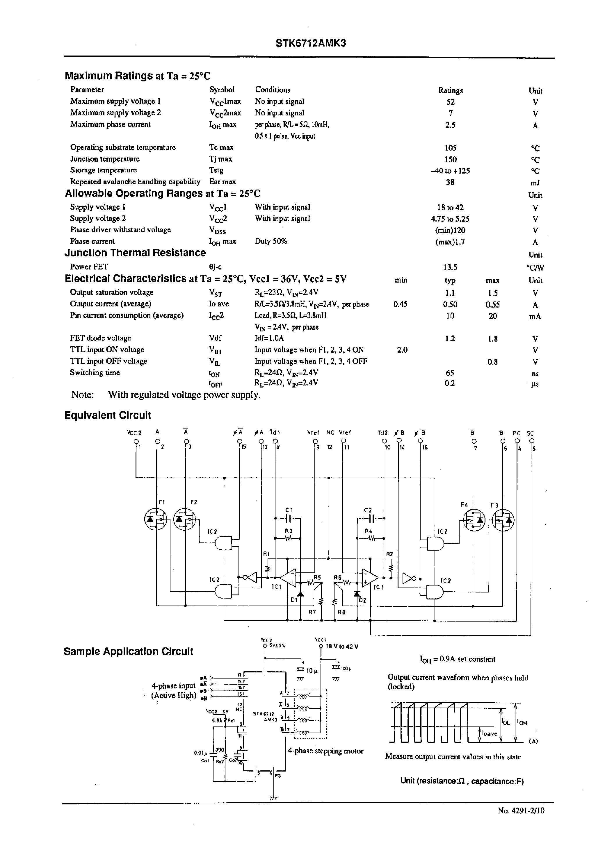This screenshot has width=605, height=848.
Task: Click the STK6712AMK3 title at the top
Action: (x=311, y=43)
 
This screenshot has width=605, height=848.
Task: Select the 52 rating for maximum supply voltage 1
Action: (x=450, y=102)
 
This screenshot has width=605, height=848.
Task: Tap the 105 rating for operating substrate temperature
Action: (x=450, y=148)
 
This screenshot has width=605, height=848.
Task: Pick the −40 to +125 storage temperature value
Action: (x=450, y=171)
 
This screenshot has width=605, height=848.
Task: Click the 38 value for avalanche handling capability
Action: (x=450, y=182)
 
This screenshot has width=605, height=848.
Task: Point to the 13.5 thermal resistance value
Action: (x=450, y=267)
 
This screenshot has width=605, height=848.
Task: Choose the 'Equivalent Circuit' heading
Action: (x=108, y=415)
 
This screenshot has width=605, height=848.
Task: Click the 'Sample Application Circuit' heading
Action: (x=129, y=651)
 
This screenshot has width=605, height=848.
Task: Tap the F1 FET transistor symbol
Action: (x=155, y=520)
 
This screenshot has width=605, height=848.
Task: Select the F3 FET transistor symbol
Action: (x=503, y=520)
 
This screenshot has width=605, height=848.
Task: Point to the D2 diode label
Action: (x=362, y=600)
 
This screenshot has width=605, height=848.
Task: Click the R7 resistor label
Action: (x=312, y=612)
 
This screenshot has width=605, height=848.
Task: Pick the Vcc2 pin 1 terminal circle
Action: (x=136, y=442)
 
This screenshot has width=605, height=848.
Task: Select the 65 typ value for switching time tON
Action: (x=450, y=373)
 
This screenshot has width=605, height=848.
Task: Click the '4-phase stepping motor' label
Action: (x=325, y=751)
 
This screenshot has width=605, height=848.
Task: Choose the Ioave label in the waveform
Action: (x=489, y=734)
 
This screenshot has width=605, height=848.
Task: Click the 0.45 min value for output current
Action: (x=400, y=304)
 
